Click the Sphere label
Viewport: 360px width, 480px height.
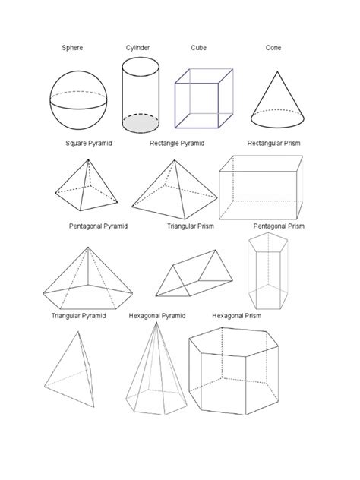72,48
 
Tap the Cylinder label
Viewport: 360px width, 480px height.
137,48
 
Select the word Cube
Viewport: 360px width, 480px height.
198,48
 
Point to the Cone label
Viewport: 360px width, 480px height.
273,48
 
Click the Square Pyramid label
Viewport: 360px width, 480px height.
89,143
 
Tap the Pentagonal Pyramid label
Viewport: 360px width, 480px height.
98,226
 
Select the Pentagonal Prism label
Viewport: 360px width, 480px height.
279,226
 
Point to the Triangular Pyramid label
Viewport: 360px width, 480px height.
78,316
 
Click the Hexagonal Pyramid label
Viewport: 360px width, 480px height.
157,316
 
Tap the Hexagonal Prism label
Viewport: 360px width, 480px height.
236,316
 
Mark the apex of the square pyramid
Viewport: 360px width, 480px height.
90,161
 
